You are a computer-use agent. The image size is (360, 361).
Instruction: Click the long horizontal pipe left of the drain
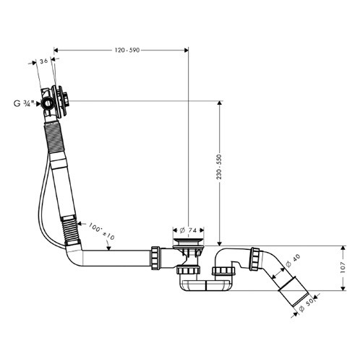[x=116, y=257]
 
